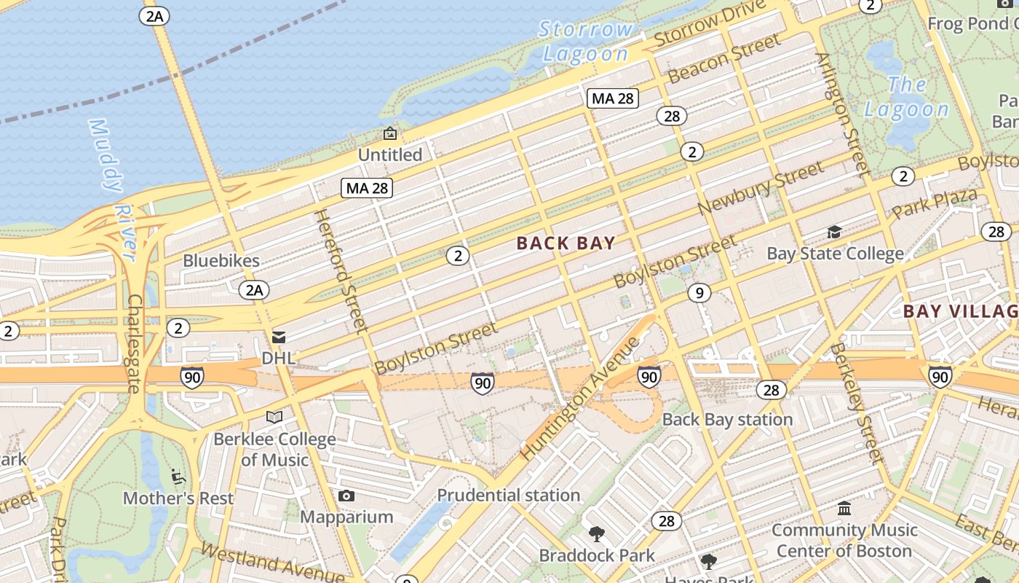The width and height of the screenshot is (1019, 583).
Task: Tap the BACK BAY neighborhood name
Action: click(x=566, y=243)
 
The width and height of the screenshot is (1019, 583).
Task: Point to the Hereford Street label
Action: click(x=339, y=271)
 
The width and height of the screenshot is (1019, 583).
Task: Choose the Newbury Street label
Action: click(x=760, y=189)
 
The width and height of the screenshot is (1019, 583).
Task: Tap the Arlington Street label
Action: click(x=843, y=114)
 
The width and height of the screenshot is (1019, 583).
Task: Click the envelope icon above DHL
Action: click(x=278, y=337)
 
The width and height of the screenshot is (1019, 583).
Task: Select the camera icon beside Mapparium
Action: click(x=346, y=496)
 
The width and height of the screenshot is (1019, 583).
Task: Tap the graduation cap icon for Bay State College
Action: click(x=834, y=232)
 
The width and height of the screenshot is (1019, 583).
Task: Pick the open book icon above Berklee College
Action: click(x=274, y=417)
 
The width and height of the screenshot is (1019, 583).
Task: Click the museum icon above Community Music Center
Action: click(x=844, y=508)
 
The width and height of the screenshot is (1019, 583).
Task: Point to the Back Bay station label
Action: click(x=727, y=420)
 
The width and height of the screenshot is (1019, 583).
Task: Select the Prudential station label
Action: click(x=509, y=496)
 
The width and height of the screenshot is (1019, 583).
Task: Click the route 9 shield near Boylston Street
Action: click(x=699, y=293)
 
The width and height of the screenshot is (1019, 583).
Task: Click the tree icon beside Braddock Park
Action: click(x=597, y=533)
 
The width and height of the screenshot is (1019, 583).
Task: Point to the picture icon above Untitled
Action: click(x=390, y=133)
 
